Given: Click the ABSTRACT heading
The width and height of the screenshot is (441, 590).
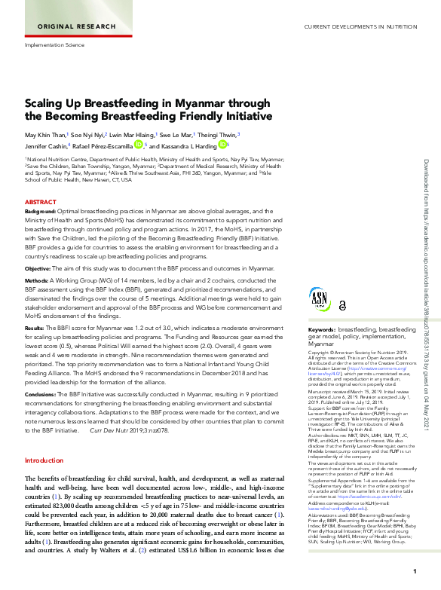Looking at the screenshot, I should tap(40, 203).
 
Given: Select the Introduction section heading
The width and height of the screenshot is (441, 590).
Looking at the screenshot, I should tap(44, 460).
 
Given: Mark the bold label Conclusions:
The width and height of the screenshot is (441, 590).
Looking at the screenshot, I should tap(42, 393).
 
